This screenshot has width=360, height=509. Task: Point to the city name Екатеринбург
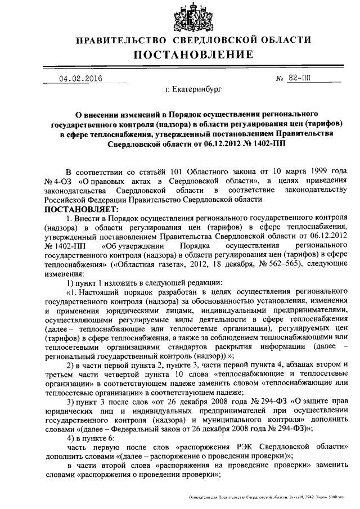point(193,89)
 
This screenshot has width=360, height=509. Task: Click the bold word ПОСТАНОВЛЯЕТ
point(78,209)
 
